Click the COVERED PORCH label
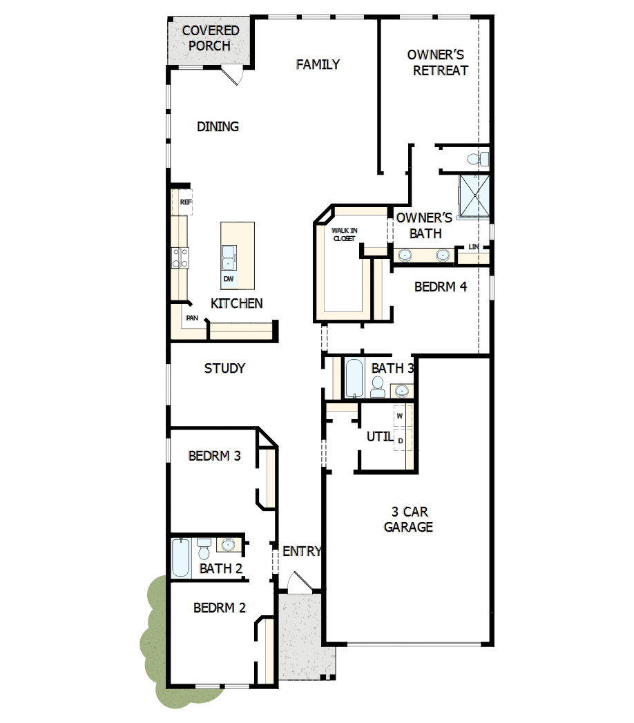(211, 39)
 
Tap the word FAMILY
(318, 64)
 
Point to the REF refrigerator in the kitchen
(184, 202)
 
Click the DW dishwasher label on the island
(229, 279)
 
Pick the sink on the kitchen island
(229, 258)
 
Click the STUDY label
(224, 369)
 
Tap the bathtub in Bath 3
(354, 378)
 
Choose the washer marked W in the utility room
(400, 416)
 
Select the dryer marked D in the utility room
(400, 440)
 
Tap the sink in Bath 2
(227, 546)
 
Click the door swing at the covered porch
(232, 75)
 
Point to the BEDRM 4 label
(441, 287)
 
